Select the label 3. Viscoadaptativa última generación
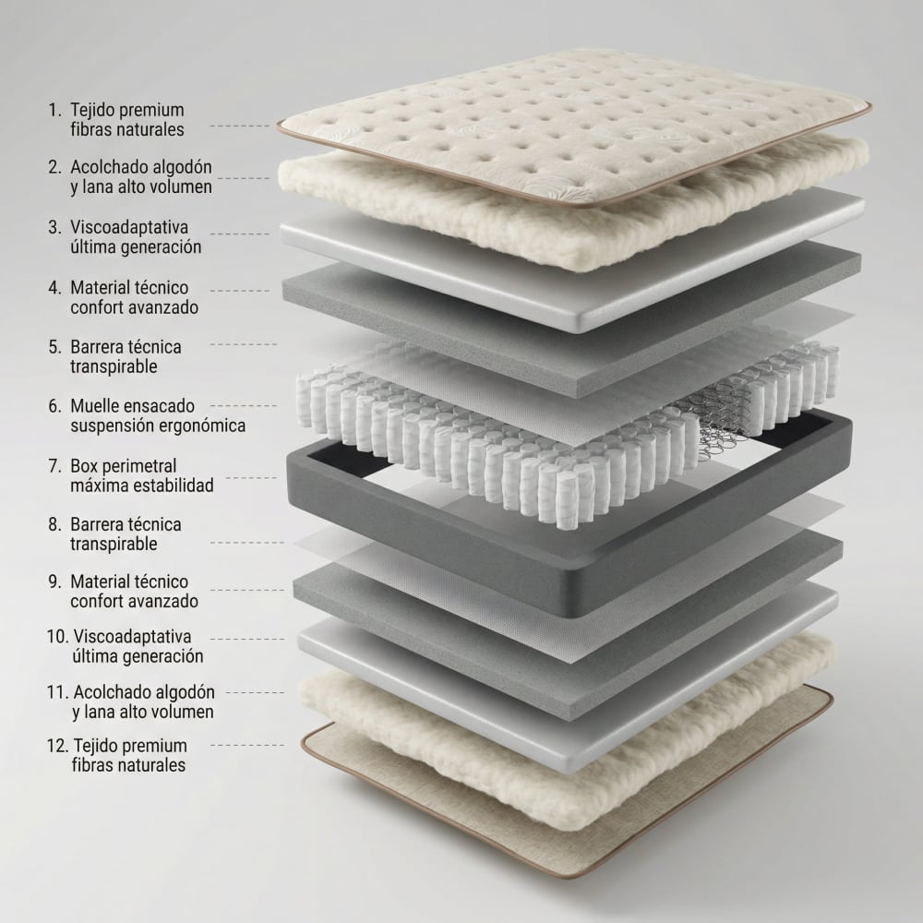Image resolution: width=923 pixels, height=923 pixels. click(125, 236)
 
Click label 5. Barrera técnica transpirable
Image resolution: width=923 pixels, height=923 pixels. click(114, 356)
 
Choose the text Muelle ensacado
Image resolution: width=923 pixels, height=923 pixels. click(132, 405)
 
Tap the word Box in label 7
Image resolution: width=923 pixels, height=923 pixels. click(82, 466)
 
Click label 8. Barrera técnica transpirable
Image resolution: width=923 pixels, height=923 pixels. click(114, 533)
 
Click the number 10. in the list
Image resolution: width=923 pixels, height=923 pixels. click(57, 637)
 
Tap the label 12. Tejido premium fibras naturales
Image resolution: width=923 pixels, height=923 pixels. click(118, 755)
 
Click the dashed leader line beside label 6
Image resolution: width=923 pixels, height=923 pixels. click(244, 405)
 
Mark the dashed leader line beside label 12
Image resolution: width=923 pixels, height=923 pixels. click(247, 745)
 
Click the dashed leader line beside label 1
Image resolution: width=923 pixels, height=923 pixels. click(240, 126)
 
